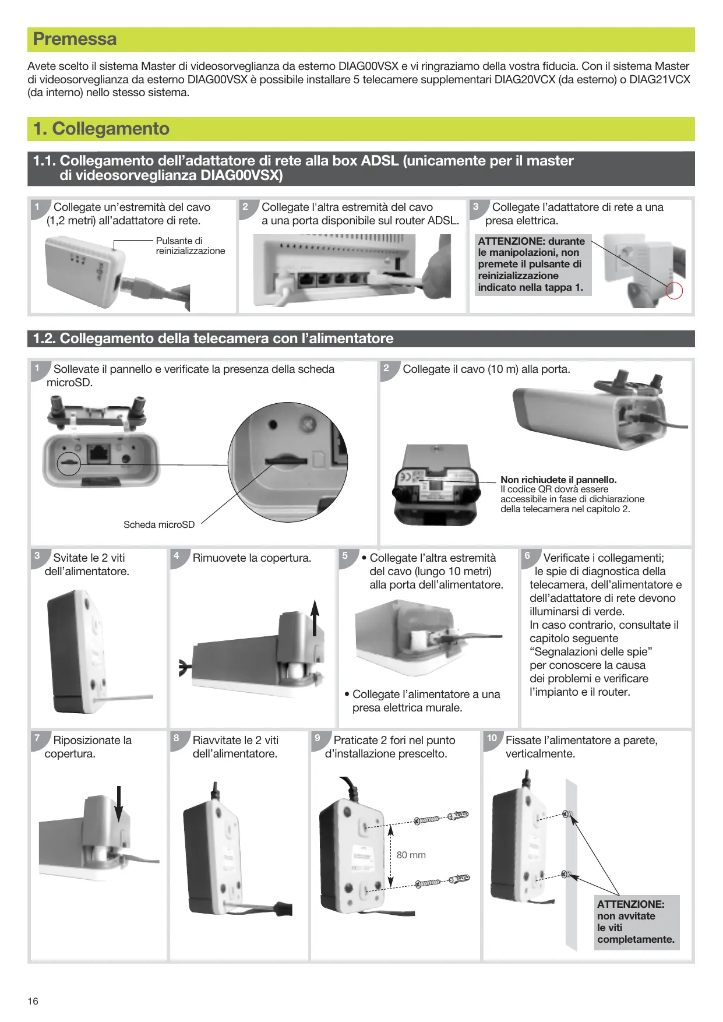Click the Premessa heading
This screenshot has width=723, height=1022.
click(x=75, y=39)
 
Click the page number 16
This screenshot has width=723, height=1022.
click(x=33, y=1001)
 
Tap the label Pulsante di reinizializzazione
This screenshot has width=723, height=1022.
click(x=190, y=246)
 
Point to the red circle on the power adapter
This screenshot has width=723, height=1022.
click(x=674, y=290)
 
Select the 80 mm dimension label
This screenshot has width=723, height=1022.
click(x=411, y=855)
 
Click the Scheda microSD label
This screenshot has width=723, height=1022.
click(x=159, y=524)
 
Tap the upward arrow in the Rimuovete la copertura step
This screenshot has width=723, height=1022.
click(x=315, y=618)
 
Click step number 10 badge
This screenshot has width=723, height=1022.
click(x=492, y=738)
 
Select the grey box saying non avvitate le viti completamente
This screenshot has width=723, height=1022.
click(x=637, y=922)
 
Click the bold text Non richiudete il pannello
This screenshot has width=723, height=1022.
click(x=558, y=480)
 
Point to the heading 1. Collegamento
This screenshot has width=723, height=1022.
click(x=101, y=129)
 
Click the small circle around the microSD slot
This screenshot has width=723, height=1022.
click(x=69, y=463)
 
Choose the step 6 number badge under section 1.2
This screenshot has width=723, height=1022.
click(x=528, y=556)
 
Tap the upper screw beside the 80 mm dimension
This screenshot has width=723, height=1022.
click(x=427, y=820)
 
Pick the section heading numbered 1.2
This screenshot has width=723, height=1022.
click(x=213, y=339)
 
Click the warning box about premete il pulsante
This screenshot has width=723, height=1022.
click(x=533, y=265)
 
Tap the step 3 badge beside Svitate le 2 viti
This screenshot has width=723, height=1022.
click(x=37, y=556)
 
